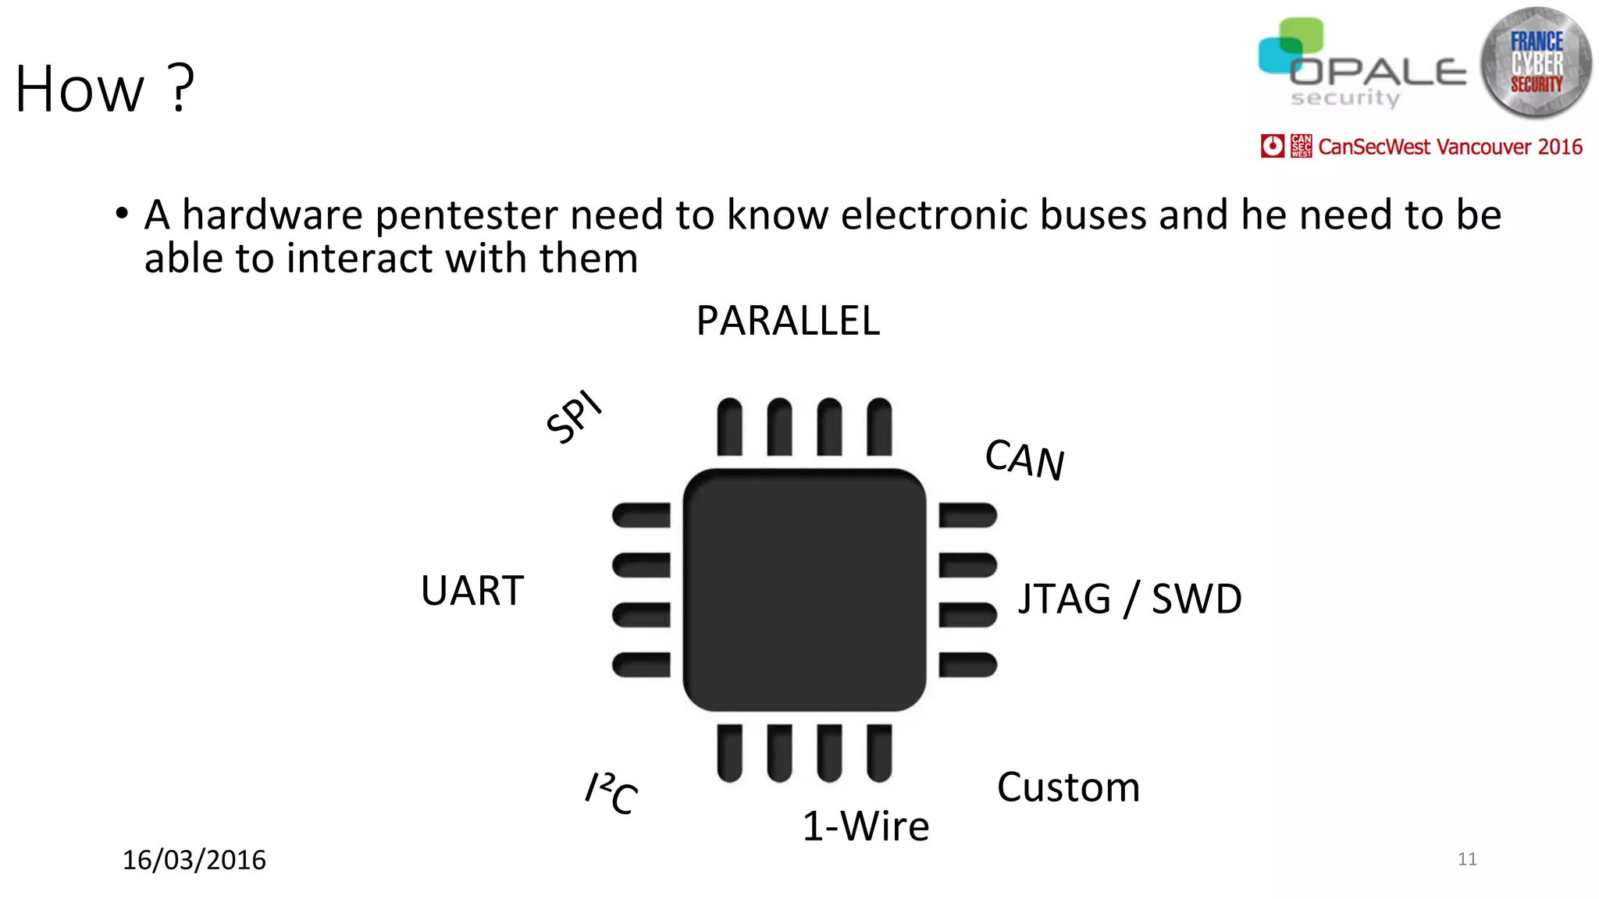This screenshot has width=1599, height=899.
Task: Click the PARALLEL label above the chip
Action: [788, 321]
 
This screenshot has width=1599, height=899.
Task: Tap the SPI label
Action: [574, 417]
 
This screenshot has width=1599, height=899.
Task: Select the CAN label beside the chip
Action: [1024, 459]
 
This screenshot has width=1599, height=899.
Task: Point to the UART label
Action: [472, 591]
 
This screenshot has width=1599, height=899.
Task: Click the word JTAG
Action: [1064, 599]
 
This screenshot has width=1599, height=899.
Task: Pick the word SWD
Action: [1196, 599]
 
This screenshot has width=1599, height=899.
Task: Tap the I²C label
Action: [612, 793]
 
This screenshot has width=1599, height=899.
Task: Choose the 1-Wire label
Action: [866, 826]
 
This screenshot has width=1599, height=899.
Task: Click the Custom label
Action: [1068, 787]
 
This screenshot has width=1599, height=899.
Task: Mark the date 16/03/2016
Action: [194, 860]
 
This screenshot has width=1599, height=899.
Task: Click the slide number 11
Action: [1467, 859]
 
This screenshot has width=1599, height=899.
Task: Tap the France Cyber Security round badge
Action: [1536, 62]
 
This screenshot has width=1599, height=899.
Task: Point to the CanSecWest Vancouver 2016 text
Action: [1450, 147]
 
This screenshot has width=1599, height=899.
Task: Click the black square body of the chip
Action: [804, 590]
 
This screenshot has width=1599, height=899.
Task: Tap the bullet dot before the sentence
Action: [121, 213]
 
